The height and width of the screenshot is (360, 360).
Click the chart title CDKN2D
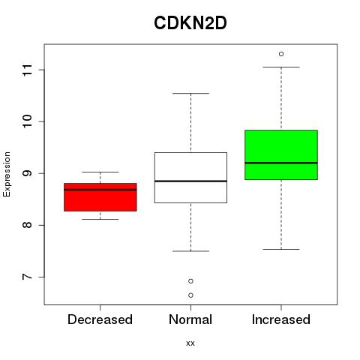click(190, 23)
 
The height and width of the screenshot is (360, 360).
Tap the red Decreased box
click(100, 197)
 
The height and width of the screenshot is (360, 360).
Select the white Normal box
click(190, 178)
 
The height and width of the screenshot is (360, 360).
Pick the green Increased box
click(281, 154)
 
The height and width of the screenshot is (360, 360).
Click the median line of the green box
click(281, 163)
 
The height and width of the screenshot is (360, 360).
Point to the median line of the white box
click(190, 181)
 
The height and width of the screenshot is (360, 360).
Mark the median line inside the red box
click(100, 190)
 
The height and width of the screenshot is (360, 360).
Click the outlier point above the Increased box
click(281, 54)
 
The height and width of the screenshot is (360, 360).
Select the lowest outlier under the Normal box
click(190, 295)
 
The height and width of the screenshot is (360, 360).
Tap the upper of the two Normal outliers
click(190, 281)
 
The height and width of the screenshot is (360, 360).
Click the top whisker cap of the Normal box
click(190, 94)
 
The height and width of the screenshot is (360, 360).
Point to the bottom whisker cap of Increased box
click(281, 249)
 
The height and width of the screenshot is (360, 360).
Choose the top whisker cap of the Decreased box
click(100, 172)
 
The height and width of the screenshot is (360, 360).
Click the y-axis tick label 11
click(28, 70)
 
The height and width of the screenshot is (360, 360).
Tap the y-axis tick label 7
click(28, 277)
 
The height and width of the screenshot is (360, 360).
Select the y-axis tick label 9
click(28, 173)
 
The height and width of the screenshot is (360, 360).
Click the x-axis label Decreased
click(100, 319)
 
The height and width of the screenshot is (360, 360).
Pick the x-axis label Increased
click(281, 319)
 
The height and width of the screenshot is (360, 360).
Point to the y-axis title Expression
click(7, 174)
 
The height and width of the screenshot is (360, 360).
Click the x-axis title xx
click(190, 343)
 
